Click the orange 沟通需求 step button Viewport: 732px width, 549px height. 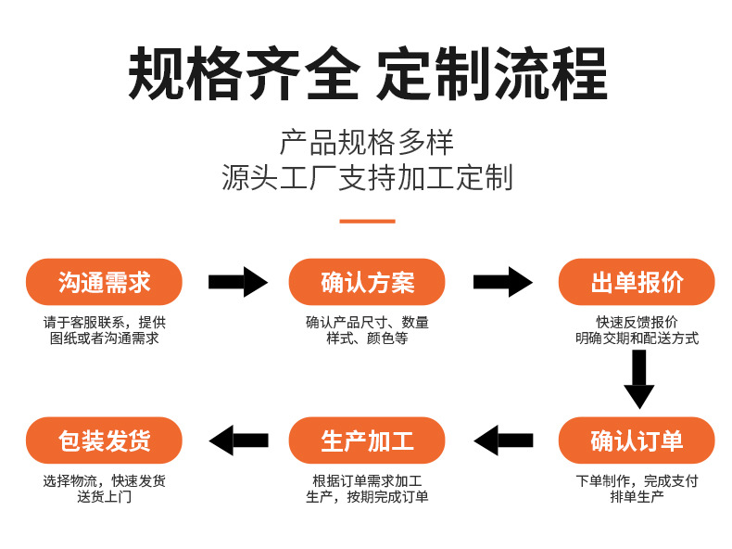[104, 282]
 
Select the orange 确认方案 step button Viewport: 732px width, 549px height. [368, 282]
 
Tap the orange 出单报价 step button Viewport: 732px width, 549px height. [637, 282]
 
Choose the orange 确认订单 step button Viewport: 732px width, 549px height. [637, 440]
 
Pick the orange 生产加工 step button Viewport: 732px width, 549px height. [368, 440]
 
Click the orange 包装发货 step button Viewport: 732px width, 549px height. [104, 440]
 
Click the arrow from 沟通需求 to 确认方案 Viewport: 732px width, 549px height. [237, 282]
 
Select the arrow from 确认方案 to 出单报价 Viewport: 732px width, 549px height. [502, 282]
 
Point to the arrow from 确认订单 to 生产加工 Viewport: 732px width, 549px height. [503, 440]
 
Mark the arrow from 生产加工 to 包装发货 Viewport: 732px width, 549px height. [238, 440]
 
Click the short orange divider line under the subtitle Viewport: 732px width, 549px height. [367, 221]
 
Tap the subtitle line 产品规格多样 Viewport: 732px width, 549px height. [367, 143]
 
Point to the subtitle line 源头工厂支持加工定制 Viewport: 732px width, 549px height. [367, 177]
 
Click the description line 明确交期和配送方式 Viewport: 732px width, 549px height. [637, 338]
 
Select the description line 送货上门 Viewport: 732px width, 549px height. [104, 497]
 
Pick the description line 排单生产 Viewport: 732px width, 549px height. [637, 497]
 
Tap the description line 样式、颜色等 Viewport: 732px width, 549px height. [368, 338]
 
